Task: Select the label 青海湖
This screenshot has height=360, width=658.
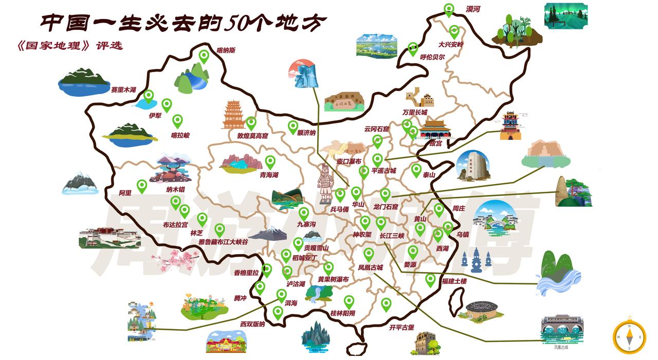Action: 269,175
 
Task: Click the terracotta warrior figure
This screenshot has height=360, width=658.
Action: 325,184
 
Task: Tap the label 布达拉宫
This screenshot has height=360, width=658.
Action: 175,224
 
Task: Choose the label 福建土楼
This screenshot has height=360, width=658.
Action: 454,281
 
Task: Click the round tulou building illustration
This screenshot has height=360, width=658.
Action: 481,310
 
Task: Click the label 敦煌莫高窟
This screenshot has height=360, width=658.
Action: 252,136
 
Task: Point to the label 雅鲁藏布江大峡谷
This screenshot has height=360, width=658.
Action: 223,241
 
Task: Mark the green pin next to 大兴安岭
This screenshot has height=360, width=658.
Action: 454,31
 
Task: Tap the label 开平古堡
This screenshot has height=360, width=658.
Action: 401,327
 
